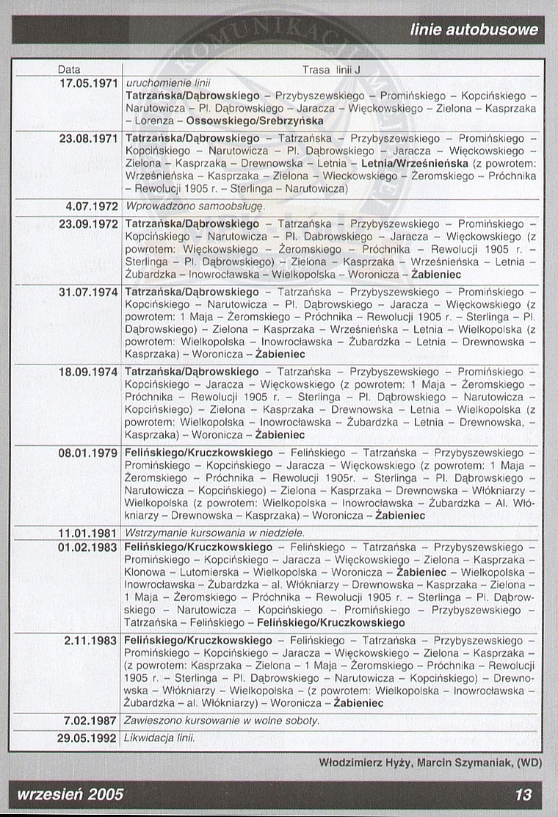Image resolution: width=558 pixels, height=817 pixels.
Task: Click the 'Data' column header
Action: [69, 70]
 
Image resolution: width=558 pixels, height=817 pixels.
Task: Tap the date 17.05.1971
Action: [88, 83]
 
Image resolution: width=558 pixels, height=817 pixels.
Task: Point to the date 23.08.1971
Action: [88, 138]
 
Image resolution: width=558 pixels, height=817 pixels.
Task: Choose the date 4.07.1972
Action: [93, 207]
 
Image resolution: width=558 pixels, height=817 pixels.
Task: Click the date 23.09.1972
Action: [88, 223]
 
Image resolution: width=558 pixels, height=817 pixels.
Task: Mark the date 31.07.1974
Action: [88, 292]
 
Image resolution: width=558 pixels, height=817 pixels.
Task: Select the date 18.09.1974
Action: [88, 372]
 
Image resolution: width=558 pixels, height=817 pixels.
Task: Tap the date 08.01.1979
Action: [88, 453]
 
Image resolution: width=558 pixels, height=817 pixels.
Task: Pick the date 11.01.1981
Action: [88, 533]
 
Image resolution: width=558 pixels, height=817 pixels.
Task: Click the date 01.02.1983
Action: [88, 547]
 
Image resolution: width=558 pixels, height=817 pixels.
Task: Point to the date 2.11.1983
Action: [90, 641]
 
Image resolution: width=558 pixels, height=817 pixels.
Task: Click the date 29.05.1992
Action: [88, 737]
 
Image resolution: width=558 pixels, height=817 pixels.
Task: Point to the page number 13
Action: [523, 795]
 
